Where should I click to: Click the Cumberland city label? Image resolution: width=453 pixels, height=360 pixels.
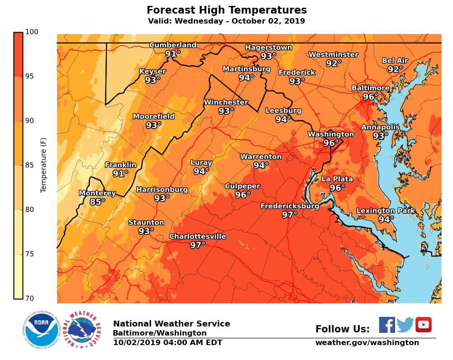pos(173,45)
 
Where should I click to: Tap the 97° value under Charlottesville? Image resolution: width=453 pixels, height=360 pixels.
pos(198,245)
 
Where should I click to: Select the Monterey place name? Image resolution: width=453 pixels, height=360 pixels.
pos(97,193)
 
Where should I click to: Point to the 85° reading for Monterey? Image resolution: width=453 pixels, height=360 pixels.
pos(97,202)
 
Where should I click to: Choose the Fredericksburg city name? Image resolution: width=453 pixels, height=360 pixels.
pos(290,206)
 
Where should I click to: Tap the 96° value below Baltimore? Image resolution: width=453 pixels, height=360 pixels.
pos(371,97)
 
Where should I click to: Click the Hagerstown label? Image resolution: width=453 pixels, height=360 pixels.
pos(268,48)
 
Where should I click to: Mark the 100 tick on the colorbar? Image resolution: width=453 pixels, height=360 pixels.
pos(32,32)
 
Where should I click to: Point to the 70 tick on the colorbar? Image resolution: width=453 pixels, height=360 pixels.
pos(29,298)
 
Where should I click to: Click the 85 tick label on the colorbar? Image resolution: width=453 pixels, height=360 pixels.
pos(29,165)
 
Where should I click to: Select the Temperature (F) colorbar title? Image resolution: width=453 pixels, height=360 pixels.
pos(44,165)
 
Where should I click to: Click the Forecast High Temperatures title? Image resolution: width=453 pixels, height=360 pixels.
pos(227,10)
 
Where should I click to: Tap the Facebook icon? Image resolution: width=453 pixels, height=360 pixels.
pos(387,325)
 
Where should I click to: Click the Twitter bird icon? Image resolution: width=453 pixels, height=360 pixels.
pos(405,325)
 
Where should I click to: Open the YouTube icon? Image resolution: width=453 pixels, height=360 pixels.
pos(424,325)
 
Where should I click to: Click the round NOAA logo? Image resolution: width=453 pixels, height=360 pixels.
pos(41,330)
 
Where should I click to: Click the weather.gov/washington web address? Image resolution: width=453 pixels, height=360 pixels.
pos(367,343)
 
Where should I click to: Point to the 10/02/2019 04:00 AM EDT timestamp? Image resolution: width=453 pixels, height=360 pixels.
pos(167,343)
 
